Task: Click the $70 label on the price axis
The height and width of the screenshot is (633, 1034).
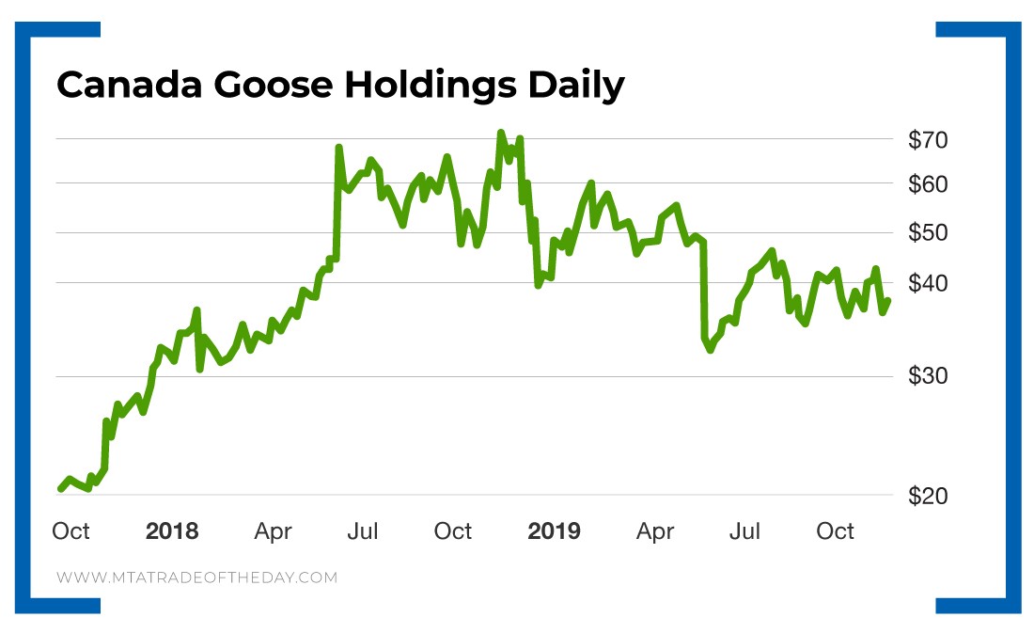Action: click(929, 140)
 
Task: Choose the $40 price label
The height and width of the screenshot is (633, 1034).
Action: click(929, 283)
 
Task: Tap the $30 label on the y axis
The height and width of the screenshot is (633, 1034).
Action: click(929, 377)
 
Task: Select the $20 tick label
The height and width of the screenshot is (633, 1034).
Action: click(929, 496)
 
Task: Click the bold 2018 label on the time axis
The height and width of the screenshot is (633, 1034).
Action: click(172, 531)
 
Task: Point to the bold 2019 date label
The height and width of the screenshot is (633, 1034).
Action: click(554, 531)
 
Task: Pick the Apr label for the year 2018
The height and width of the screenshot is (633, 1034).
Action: click(274, 531)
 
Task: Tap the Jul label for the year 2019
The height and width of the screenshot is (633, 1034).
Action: click(745, 531)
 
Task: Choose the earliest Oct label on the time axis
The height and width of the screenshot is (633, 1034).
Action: click(70, 531)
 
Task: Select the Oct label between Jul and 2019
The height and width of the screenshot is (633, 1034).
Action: click(453, 531)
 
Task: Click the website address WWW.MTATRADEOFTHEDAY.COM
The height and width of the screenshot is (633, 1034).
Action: click(196, 578)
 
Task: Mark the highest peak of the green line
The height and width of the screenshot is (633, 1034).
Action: click(500, 133)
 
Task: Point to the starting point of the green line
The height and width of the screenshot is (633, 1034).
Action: click(60, 488)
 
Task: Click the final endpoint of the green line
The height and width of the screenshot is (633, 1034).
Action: click(887, 300)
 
